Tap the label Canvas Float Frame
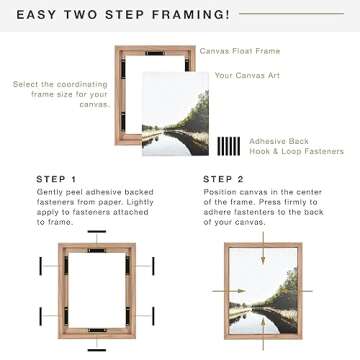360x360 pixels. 240,50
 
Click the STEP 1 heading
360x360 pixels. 56,180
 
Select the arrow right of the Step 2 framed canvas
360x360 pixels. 309,291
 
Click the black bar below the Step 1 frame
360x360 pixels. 97,349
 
